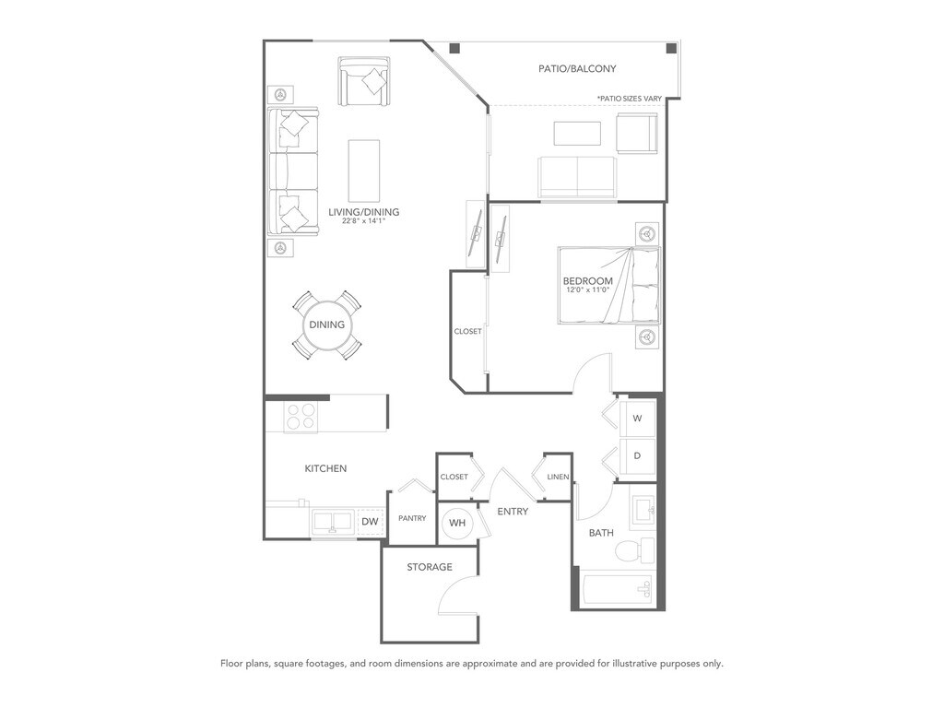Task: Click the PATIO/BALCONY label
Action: (577, 68)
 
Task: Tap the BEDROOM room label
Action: (587, 281)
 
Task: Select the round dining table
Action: (327, 325)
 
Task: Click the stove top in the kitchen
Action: (301, 417)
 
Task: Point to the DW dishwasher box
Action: (371, 522)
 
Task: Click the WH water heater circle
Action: (457, 523)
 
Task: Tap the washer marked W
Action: (637, 418)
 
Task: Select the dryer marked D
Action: (637, 455)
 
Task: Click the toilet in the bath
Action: (634, 549)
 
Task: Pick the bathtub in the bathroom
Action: (619, 589)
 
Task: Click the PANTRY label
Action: (412, 518)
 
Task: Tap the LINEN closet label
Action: (558, 477)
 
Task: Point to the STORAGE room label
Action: (430, 567)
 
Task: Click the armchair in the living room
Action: (364, 82)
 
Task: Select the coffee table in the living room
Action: (364, 171)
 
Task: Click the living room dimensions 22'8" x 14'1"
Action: (363, 221)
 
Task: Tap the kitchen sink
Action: (333, 522)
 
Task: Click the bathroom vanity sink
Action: (643, 513)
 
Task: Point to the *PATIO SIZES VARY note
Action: (629, 98)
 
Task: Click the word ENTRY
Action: (513, 511)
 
